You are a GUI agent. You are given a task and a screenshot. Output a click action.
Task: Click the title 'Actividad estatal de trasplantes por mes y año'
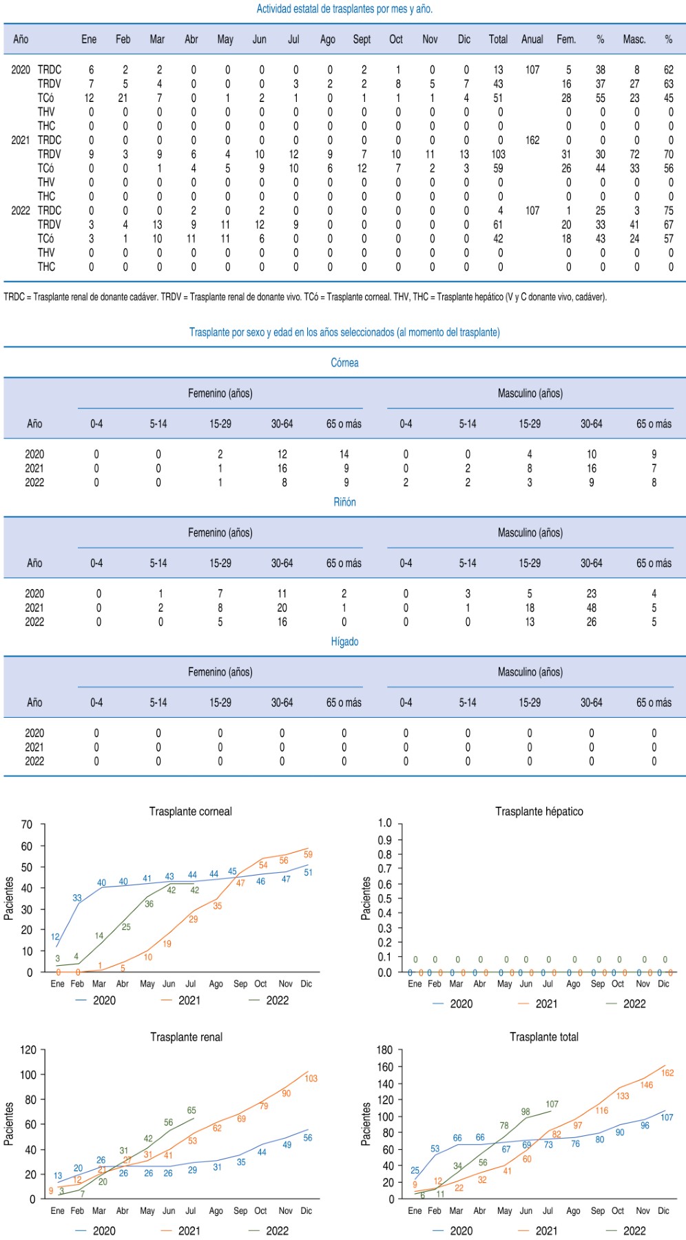pyautogui.click(x=344, y=9)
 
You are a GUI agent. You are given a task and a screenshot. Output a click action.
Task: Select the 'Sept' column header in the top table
pyautogui.click(x=362, y=39)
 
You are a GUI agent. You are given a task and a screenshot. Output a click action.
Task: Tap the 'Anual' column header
pyautogui.click(x=532, y=39)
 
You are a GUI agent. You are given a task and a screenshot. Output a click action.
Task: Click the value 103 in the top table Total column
pyautogui.click(x=498, y=154)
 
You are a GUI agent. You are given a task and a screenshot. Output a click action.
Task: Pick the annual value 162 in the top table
pyautogui.click(x=532, y=141)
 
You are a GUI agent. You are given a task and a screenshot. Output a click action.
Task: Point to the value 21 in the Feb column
pyautogui.click(x=123, y=98)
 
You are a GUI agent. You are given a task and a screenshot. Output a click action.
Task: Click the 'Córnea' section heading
pyautogui.click(x=344, y=363)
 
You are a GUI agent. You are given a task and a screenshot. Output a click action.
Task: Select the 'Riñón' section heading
pyautogui.click(x=344, y=502)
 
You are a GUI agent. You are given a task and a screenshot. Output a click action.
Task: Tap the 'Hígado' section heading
pyautogui.click(x=344, y=641)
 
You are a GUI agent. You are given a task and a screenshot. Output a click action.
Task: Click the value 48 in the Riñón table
pyautogui.click(x=591, y=608)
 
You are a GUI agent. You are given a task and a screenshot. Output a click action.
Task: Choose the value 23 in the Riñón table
pyautogui.click(x=591, y=593)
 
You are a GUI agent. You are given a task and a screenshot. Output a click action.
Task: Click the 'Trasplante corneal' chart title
pyautogui.click(x=190, y=812)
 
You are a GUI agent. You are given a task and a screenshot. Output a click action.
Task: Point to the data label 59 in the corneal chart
pyautogui.click(x=308, y=854)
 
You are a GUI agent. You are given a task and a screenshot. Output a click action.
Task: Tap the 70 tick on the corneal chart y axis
pyautogui.click(x=27, y=825)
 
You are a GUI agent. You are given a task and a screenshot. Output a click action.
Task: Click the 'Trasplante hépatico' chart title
pyautogui.click(x=539, y=812)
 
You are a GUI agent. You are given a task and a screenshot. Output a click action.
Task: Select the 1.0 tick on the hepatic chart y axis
pyautogui.click(x=384, y=823)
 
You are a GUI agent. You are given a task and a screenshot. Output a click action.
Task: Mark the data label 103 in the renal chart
pyautogui.click(x=311, y=1078)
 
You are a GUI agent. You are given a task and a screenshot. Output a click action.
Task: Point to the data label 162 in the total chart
pyautogui.click(x=667, y=1073)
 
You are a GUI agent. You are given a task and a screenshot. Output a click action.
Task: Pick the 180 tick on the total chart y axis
pyautogui.click(x=384, y=1050)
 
